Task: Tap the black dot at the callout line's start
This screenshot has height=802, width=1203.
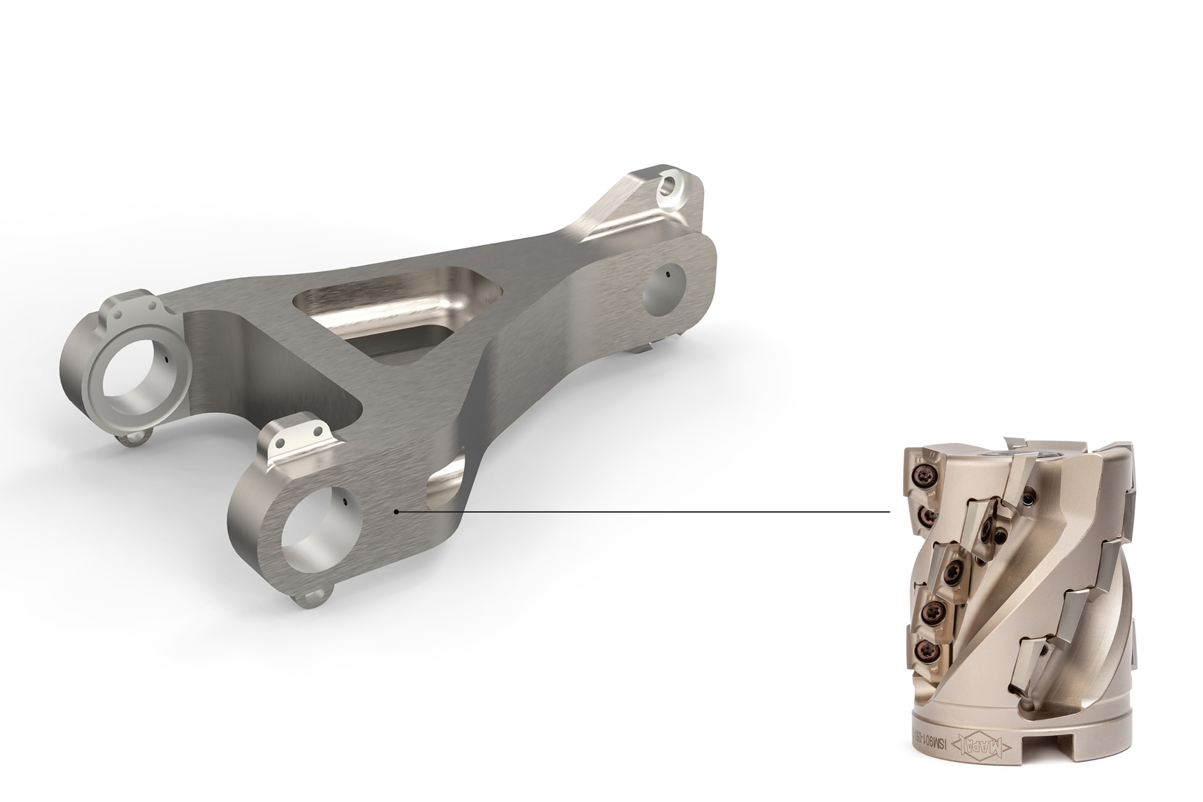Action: [398, 512]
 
